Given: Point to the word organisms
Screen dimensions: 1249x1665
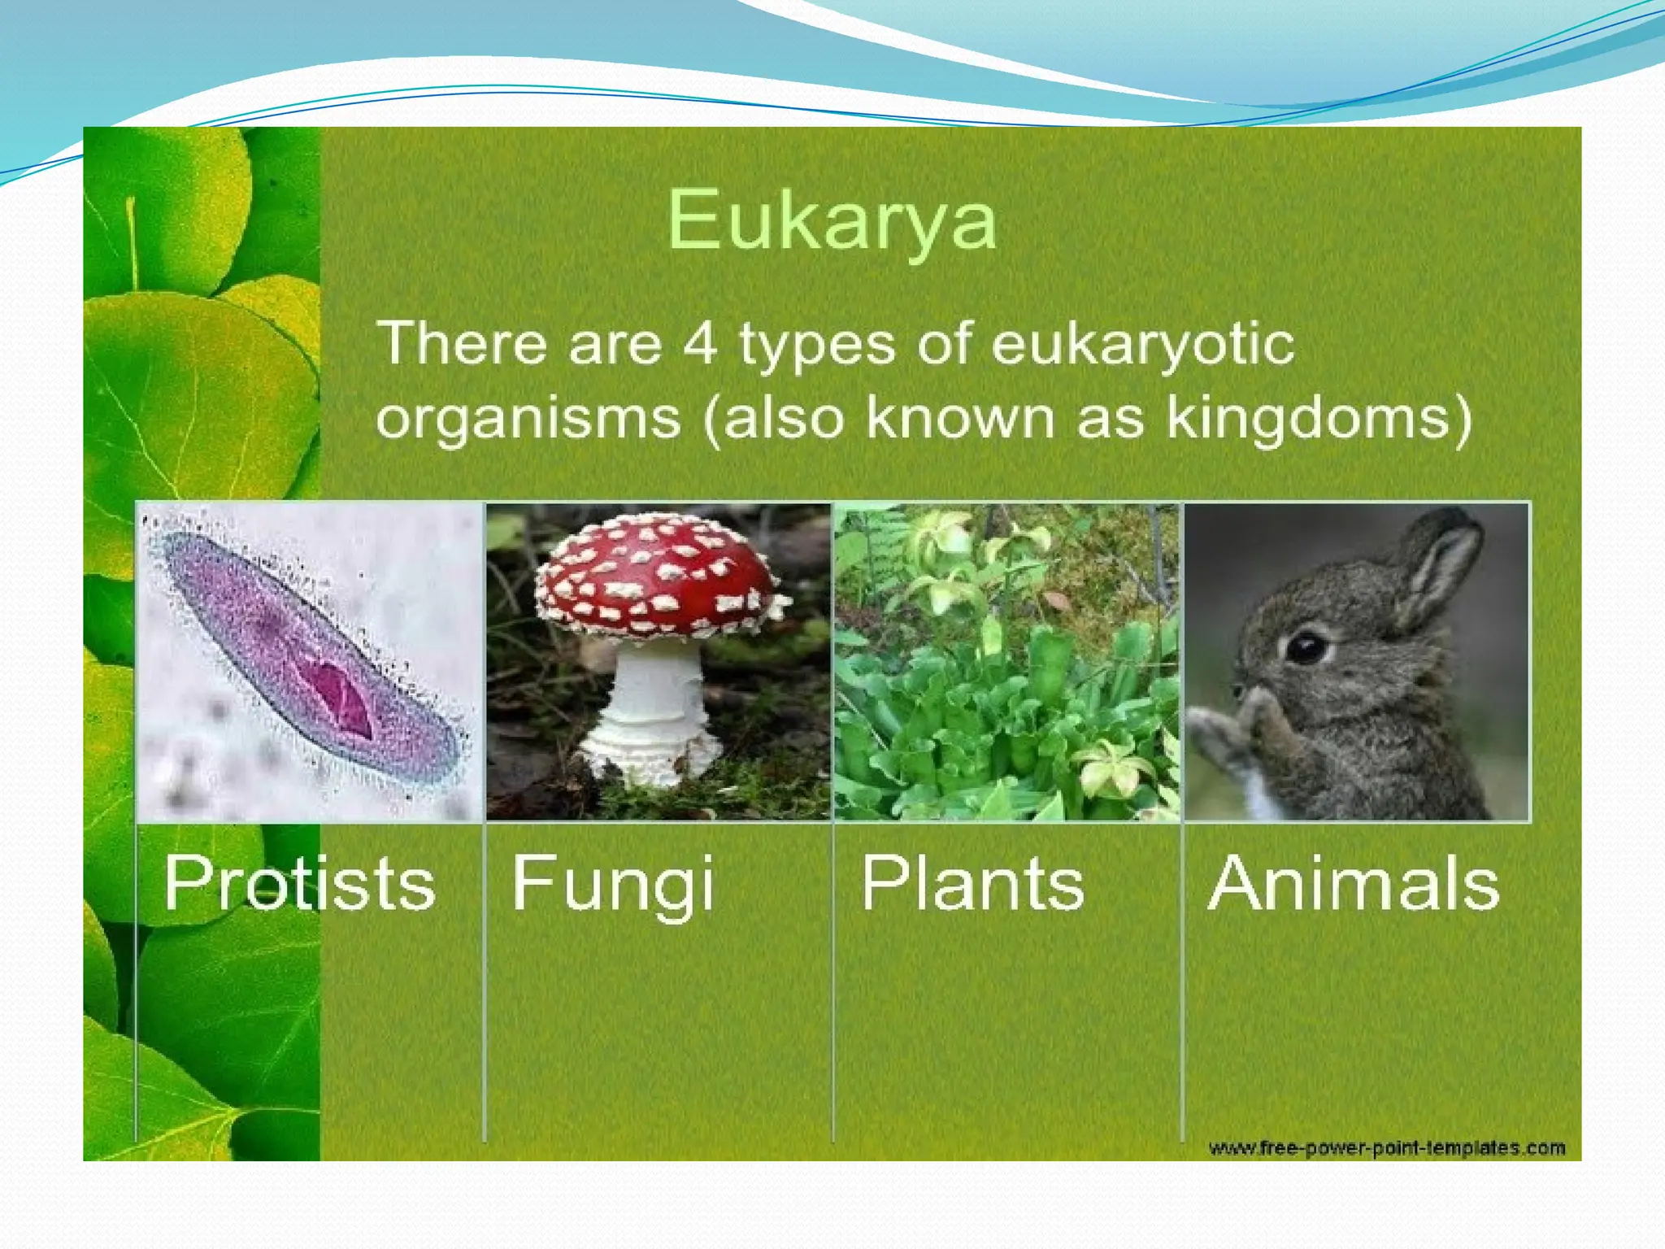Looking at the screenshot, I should [528, 420].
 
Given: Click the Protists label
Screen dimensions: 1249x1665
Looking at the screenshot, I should [299, 884].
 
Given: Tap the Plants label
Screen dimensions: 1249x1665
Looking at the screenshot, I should [972, 884].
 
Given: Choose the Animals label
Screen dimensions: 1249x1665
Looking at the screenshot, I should [1354, 884].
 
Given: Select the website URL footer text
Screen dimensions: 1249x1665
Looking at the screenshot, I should [1386, 1148].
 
